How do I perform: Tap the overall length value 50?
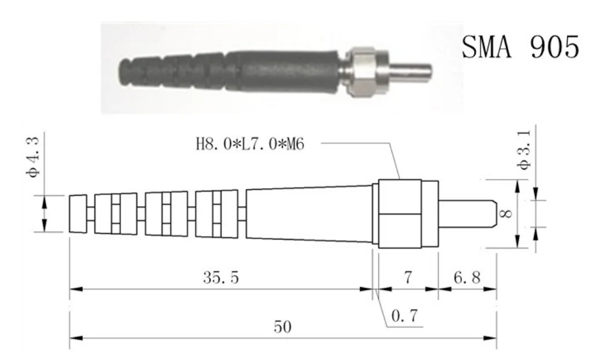[283, 327]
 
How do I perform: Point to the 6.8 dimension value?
[466, 278]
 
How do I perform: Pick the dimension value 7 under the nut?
[407, 278]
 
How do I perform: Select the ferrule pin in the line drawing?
[466, 214]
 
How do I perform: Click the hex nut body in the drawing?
[400, 214]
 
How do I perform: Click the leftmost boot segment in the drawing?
[78, 214]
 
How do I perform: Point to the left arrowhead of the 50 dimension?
[73, 337]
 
